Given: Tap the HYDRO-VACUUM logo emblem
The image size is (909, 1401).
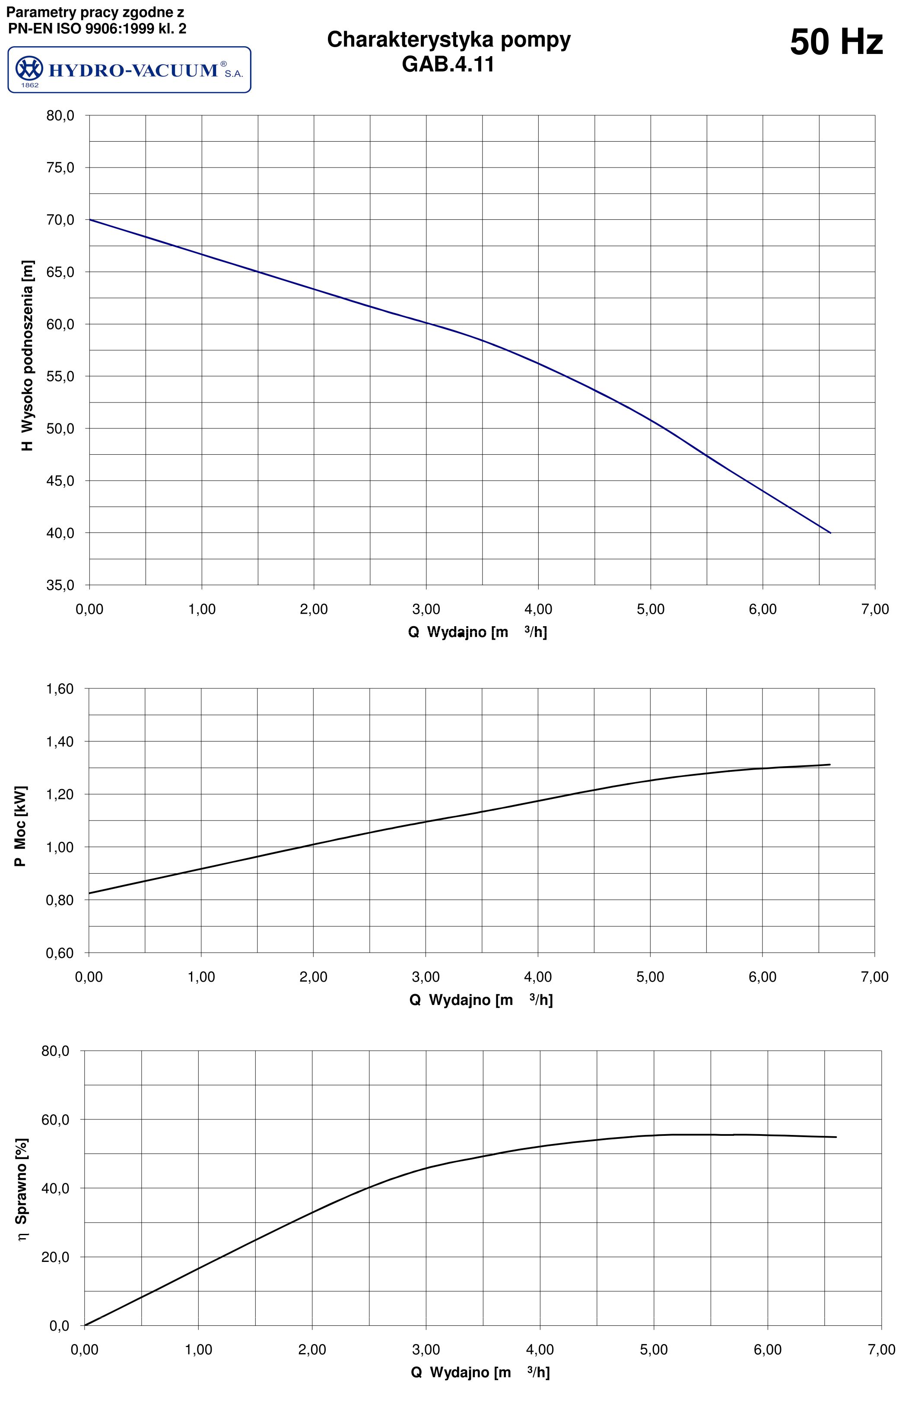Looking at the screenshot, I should pos(29,69).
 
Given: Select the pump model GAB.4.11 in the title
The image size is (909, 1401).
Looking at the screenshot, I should pos(448,63).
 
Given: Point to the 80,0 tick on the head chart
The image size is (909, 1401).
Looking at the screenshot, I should pos(60,116).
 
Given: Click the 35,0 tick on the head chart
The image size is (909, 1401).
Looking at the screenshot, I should pos(60,585).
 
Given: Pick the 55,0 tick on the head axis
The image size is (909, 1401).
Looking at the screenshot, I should pos(60,377).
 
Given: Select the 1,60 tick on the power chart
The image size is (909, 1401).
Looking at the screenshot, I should pos(60,689).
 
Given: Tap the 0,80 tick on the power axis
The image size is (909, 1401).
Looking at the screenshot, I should pos(60,900).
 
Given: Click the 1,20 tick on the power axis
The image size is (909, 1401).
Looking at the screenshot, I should pos(60,795).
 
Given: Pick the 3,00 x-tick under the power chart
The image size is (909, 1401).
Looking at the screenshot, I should pos(426,977).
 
